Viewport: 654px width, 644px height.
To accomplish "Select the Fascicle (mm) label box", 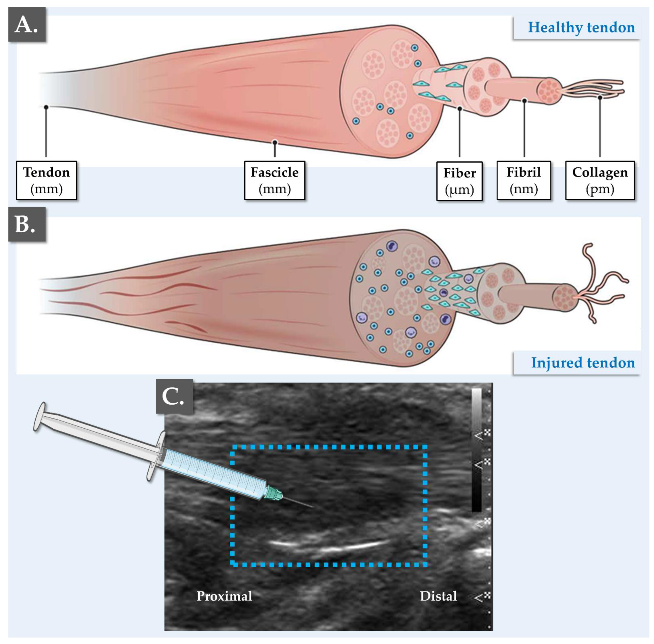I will click(274, 180).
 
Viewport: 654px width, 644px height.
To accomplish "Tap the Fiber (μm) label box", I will click(459, 181).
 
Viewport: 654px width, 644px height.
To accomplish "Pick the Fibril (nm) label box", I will click(523, 180).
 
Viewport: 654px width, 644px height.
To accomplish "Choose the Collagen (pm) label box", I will click(599, 180).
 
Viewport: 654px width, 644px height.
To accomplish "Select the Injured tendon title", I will click(583, 363).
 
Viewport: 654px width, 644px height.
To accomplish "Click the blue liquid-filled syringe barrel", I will click(213, 473).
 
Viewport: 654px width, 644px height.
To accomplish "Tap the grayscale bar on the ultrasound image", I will click(476, 450).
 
